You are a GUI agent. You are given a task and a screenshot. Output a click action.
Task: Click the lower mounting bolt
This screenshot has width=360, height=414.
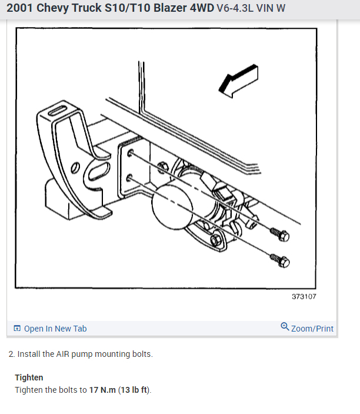point(281,259)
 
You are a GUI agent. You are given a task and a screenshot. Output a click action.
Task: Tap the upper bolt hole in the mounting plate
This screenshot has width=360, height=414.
point(129,153)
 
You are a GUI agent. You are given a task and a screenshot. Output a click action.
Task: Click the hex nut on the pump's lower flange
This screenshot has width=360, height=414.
point(216,240)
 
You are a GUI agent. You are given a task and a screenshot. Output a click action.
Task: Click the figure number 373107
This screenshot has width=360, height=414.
point(304,296)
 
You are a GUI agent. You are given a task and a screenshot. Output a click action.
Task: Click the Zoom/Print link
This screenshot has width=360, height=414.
point(312,329)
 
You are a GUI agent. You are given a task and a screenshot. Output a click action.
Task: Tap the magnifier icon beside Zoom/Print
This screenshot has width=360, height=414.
point(285,328)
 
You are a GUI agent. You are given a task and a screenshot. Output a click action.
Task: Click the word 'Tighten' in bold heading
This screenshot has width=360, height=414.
point(29,377)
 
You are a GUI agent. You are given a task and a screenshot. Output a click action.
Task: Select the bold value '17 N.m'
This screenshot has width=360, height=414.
point(103,390)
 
